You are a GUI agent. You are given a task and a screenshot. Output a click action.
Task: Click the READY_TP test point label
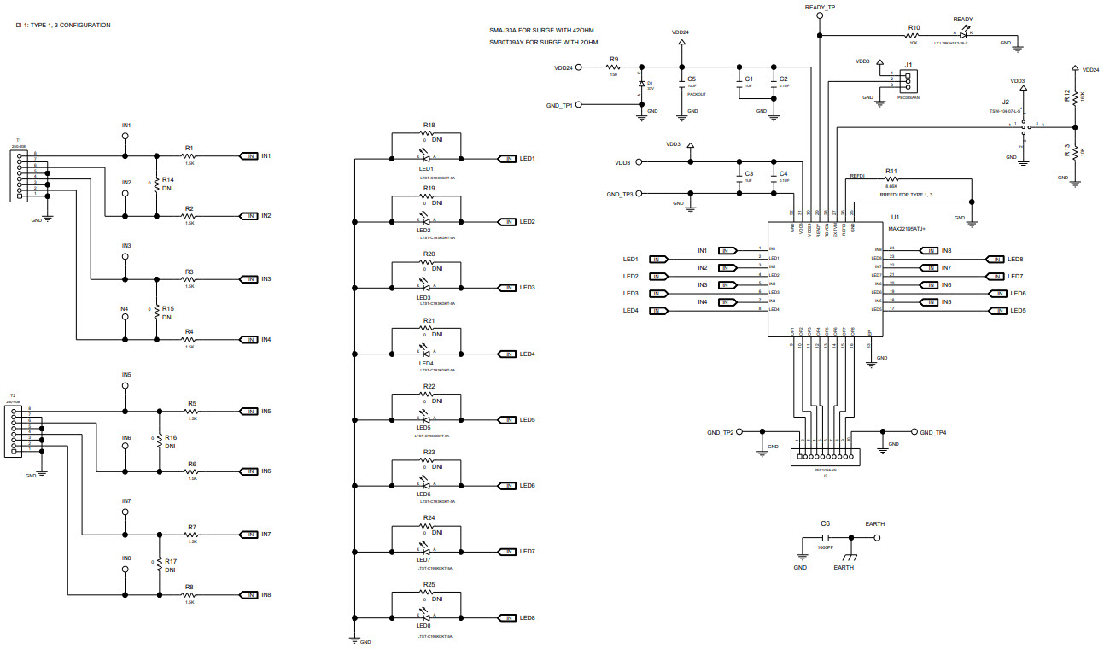point(820,8)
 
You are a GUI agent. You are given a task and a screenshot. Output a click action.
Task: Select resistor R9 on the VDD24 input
point(613,67)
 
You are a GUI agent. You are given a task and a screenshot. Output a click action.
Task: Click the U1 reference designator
point(894,218)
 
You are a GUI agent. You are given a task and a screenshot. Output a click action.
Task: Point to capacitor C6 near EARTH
point(826,538)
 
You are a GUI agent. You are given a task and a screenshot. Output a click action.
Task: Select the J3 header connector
point(825,456)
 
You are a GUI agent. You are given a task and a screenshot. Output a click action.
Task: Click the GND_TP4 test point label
point(932,432)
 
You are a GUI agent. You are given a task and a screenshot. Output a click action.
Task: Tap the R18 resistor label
point(429,125)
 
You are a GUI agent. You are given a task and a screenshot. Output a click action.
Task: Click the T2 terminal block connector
point(12,430)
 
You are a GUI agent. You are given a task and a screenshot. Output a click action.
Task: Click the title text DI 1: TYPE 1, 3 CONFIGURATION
point(63,26)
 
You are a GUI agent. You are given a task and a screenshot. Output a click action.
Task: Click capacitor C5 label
point(692,79)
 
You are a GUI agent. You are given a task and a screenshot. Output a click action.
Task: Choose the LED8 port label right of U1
point(1015,259)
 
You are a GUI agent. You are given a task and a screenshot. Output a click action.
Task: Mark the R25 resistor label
point(429,584)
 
